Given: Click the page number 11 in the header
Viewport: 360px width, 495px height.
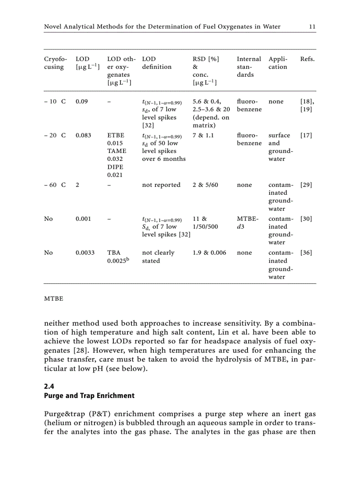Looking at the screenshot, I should click(312, 27).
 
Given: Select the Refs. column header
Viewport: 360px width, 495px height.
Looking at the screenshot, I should click(307, 59).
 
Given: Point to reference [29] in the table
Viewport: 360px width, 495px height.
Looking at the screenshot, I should click(306, 185).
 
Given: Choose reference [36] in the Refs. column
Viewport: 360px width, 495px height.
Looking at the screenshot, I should click(306, 253).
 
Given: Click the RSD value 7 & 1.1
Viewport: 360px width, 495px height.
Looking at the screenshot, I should click(203, 135).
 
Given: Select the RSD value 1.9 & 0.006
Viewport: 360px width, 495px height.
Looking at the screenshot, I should click(210, 253).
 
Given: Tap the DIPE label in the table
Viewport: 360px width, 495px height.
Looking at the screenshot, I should click(115, 167).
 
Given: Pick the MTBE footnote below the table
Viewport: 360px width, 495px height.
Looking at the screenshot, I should click(53, 299).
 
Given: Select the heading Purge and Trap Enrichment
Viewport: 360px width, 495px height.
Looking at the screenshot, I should click(89, 396).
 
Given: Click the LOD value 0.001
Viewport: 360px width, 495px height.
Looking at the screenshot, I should click(83, 219).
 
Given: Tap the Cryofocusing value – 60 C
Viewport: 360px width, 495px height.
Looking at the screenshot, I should click(55, 185).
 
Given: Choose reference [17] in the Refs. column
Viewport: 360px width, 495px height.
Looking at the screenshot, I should click(306, 135).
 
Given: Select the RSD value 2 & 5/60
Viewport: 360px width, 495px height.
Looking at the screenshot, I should click(205, 185).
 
